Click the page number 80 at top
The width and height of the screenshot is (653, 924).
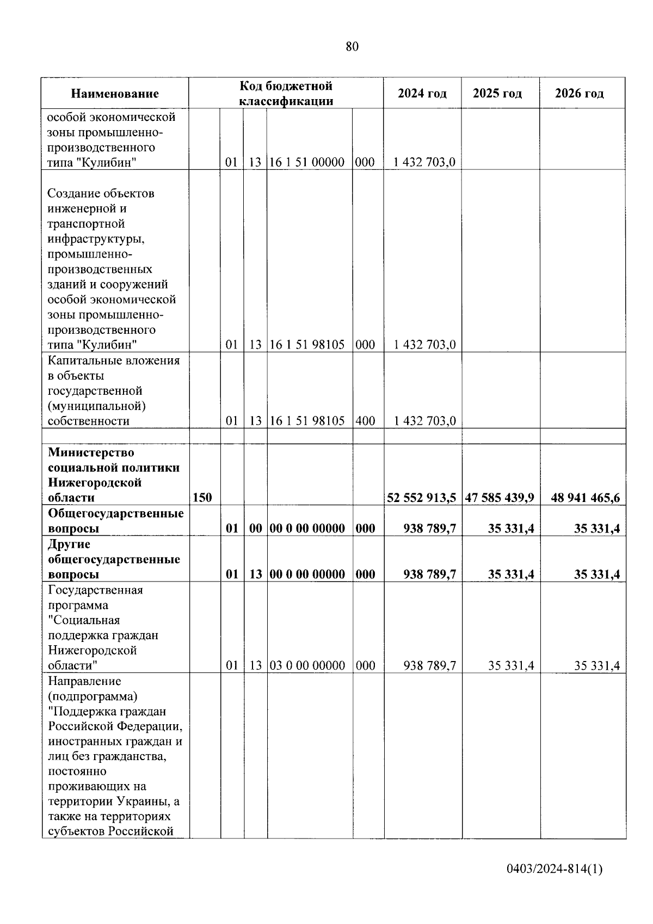(x=352, y=47)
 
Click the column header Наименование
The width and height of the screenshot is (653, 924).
(x=115, y=94)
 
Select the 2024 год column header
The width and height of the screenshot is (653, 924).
(x=422, y=94)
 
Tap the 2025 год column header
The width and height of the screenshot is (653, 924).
(x=497, y=94)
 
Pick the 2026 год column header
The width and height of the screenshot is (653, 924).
(x=579, y=94)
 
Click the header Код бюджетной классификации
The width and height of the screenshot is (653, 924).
(x=286, y=93)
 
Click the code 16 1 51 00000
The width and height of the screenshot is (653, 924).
(x=307, y=162)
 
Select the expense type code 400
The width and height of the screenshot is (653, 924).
(x=365, y=421)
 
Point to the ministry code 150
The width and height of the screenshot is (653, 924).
(x=202, y=498)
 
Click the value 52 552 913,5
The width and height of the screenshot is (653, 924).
(x=422, y=498)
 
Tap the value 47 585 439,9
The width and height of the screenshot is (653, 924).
(x=500, y=498)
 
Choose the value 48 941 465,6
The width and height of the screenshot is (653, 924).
(x=586, y=498)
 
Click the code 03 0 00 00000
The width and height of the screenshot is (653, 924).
(x=307, y=665)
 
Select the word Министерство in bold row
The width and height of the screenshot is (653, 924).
(x=91, y=452)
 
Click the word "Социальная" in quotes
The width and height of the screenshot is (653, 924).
(x=84, y=620)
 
